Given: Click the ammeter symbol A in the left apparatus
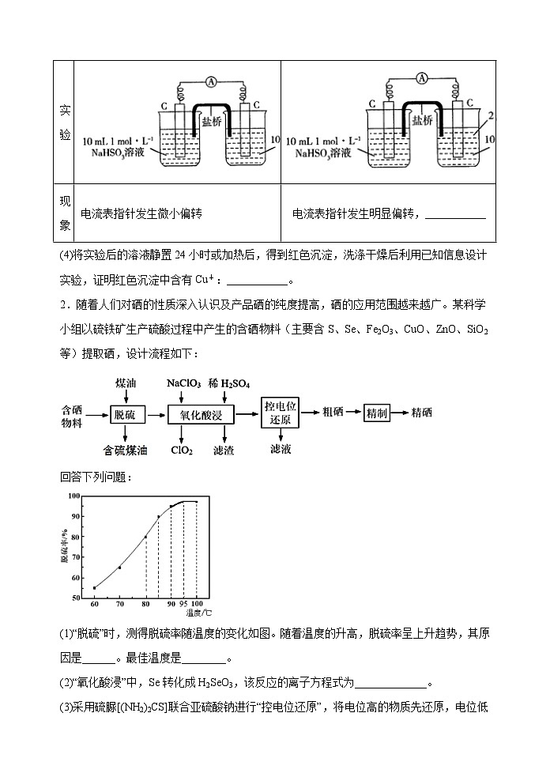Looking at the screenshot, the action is pyautogui.click(x=212, y=81).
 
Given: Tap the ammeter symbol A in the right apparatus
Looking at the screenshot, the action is pyautogui.click(x=422, y=77).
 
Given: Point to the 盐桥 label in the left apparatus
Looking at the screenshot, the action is pyautogui.click(x=212, y=123).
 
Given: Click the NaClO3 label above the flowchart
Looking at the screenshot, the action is pyautogui.click(x=186, y=383).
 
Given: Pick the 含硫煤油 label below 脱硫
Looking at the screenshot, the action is pyautogui.click(x=126, y=451).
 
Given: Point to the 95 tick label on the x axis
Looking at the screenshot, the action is pyautogui.click(x=183, y=604).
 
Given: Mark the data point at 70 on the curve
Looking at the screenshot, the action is pyautogui.click(x=119, y=568).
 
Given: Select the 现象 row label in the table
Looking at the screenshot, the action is pyautogui.click(x=66, y=213).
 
